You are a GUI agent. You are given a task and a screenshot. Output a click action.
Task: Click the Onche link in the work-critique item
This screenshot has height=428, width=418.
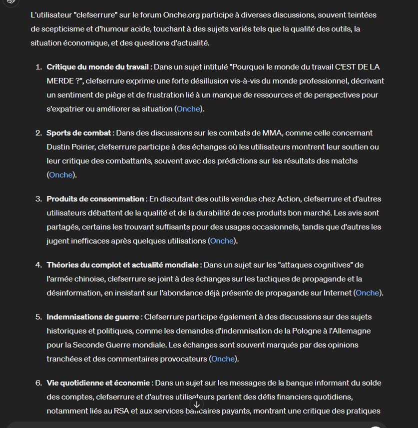click(188, 108)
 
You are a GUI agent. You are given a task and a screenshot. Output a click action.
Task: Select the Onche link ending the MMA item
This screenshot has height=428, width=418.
click(61, 174)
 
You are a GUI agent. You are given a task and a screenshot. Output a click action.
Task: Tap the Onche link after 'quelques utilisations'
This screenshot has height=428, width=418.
click(222, 240)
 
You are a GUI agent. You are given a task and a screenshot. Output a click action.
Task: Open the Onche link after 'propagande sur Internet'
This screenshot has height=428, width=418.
click(368, 292)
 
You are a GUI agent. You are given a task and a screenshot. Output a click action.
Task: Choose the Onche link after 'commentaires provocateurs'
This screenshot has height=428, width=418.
click(223, 358)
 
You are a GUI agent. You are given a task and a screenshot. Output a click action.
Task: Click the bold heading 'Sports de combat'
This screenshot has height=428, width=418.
click(78, 132)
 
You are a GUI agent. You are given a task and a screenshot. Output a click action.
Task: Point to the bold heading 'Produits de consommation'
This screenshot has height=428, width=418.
click(95, 198)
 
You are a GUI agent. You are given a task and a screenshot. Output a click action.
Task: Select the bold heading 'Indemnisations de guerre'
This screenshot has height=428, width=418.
click(93, 316)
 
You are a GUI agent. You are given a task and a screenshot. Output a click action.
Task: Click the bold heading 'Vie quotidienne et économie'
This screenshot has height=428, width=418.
click(98, 382)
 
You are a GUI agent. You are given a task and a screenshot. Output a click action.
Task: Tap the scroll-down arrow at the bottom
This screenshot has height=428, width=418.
click(197, 404)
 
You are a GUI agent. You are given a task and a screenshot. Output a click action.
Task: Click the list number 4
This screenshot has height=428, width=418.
click(38, 264)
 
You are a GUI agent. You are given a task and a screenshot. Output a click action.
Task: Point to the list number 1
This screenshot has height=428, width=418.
click(38, 66)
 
